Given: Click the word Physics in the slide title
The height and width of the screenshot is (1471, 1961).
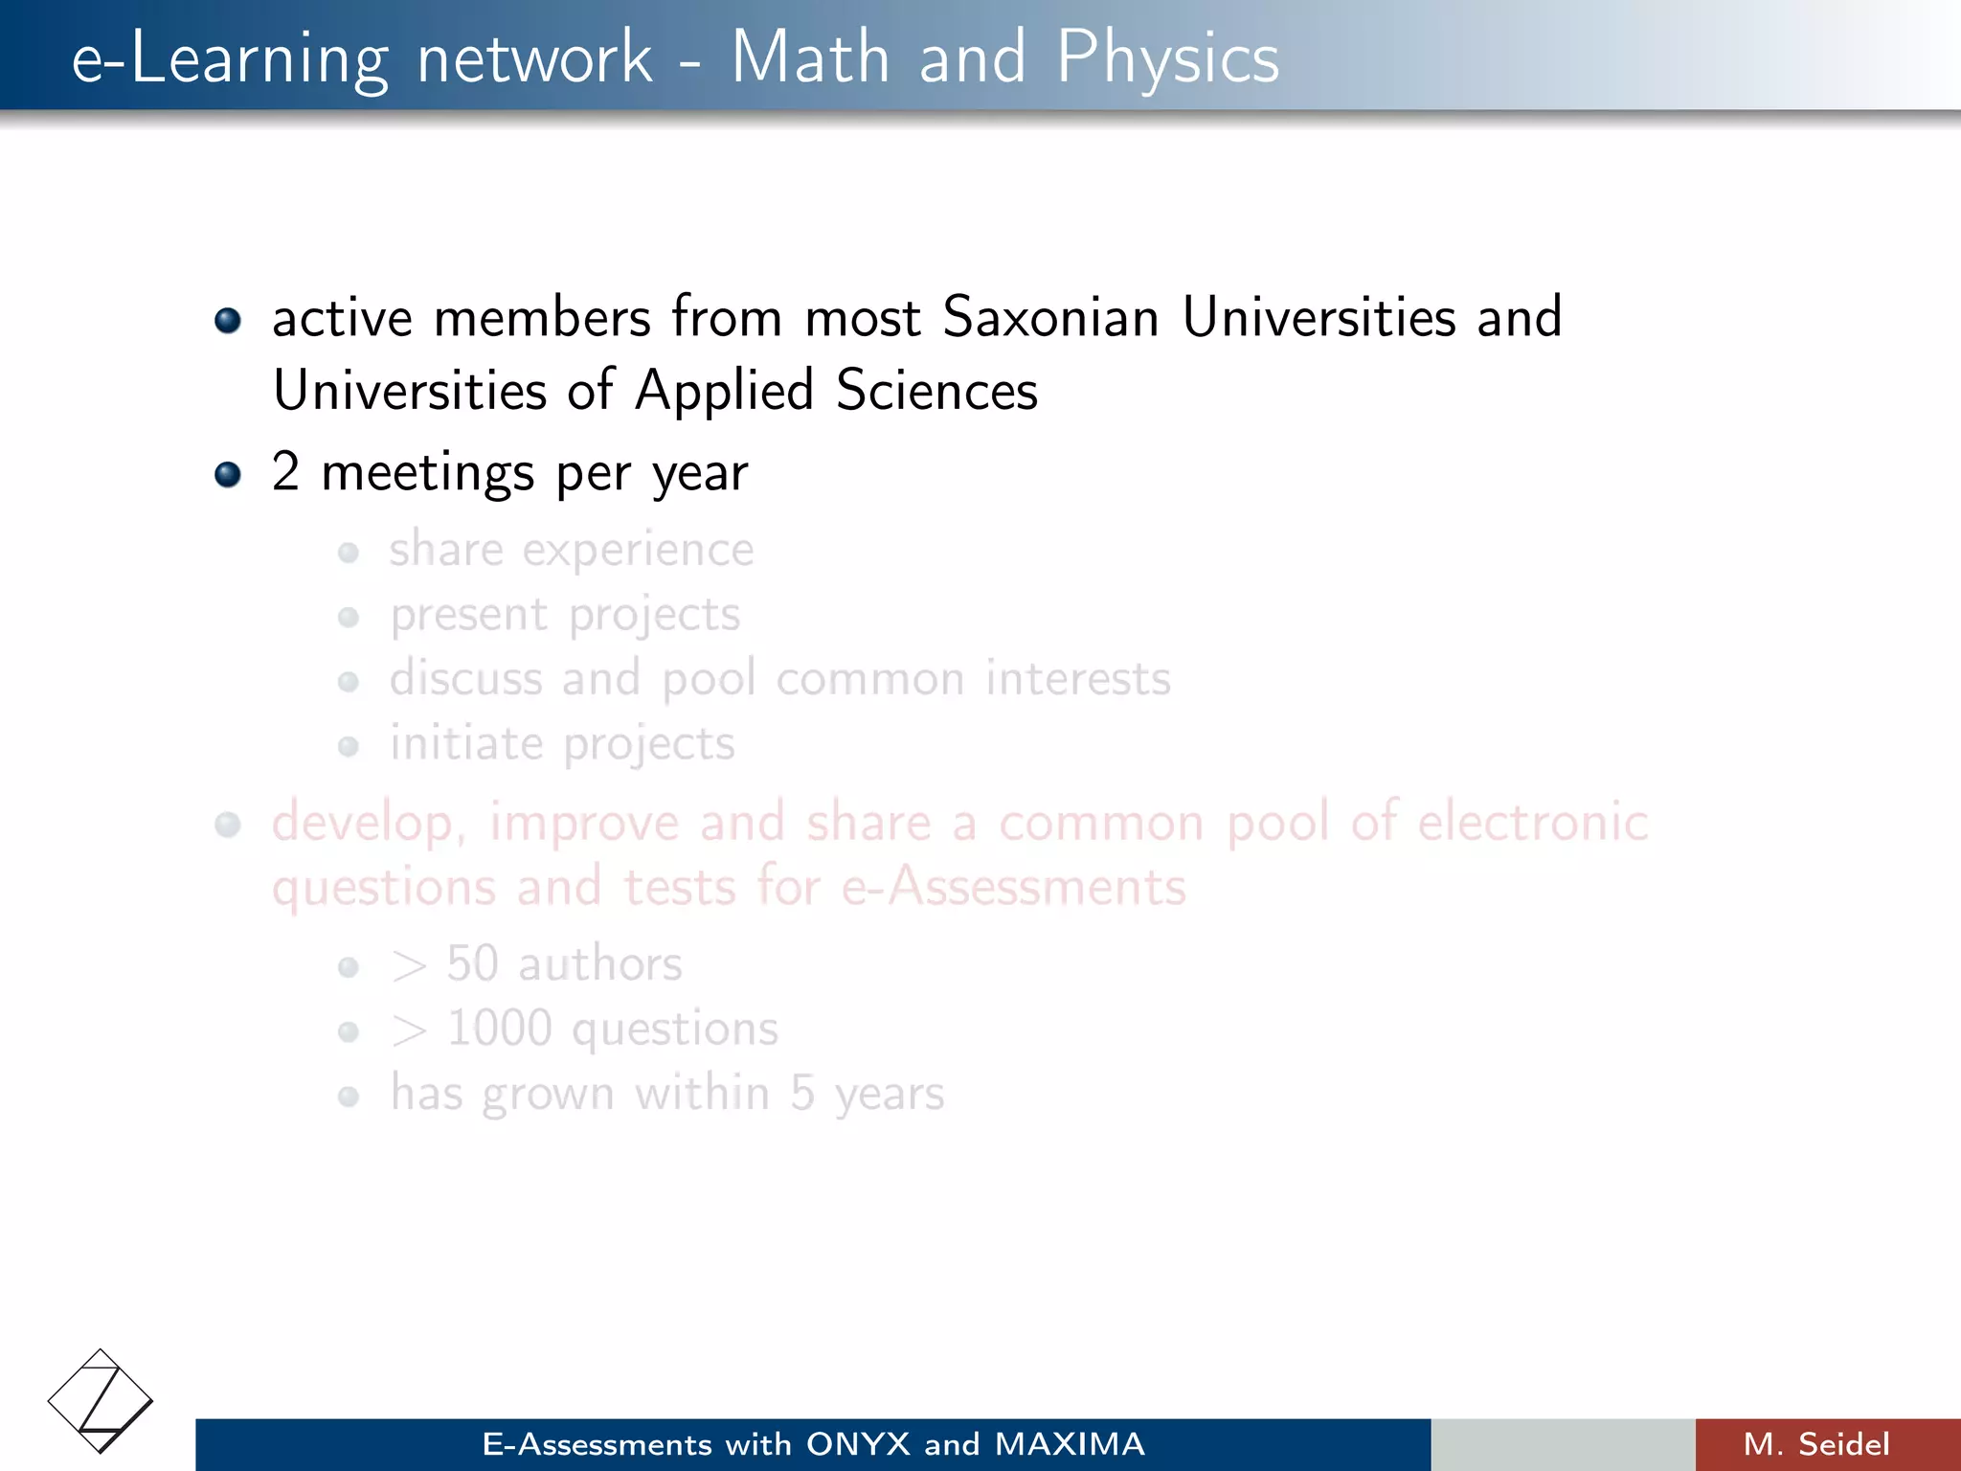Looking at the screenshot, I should (x=1167, y=57).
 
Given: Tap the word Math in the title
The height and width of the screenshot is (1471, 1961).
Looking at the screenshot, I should (x=810, y=57).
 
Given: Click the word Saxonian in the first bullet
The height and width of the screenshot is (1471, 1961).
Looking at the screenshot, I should (x=1050, y=317).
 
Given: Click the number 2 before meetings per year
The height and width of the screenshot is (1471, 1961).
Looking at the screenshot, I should (x=285, y=471).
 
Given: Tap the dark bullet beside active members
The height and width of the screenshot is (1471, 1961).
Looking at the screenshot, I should (x=228, y=320).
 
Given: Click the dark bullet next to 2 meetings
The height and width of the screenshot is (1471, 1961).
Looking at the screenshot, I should (x=228, y=474).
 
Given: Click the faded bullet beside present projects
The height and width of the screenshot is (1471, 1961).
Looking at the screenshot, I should (x=349, y=617).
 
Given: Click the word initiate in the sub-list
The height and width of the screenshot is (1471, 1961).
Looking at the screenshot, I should (x=466, y=743).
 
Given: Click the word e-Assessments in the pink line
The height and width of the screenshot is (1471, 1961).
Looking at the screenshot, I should (x=1013, y=887).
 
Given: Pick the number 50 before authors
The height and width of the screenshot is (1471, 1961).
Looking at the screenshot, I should (x=472, y=963).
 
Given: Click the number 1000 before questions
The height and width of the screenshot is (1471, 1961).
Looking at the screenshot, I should (x=499, y=1029).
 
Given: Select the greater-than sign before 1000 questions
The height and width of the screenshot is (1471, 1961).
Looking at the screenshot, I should (x=409, y=1031).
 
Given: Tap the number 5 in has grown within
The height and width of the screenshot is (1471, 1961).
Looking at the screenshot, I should (x=802, y=1094).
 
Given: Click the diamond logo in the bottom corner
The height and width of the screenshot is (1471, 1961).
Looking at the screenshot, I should (x=100, y=1401).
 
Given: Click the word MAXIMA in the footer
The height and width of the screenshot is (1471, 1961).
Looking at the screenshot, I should (x=1070, y=1444).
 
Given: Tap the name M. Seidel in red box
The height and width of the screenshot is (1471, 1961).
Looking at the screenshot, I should (x=1816, y=1444).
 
